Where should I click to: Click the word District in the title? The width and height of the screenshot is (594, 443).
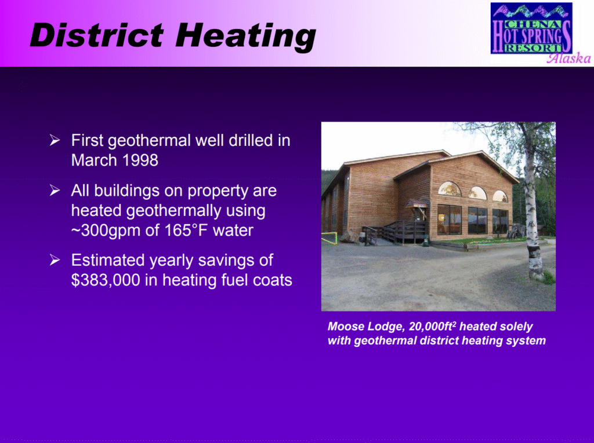coord(97,35)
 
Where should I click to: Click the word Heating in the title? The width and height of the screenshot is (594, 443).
coord(245,37)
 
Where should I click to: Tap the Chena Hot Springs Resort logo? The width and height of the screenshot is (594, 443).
coord(531,28)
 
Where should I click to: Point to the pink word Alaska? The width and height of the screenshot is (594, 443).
coord(568,58)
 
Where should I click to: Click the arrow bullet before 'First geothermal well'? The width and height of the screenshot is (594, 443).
coord(55,140)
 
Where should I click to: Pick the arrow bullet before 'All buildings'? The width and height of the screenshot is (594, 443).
coord(55,191)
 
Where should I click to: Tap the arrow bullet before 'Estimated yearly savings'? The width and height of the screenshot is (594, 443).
coord(55,260)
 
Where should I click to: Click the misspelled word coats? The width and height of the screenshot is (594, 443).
coord(273,280)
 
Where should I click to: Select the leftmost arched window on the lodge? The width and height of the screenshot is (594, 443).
coord(450,189)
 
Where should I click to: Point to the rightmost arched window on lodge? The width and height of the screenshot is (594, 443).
coord(500,196)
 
